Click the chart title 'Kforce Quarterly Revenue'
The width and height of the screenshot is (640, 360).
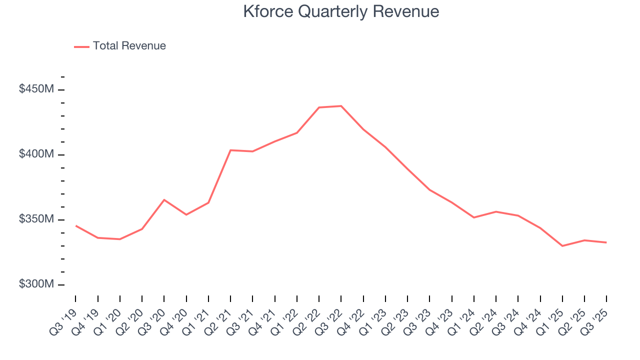341,11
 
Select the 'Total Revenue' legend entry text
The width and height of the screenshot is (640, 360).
129,46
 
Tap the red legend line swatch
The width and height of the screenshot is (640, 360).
81,46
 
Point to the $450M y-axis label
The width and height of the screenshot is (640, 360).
36,89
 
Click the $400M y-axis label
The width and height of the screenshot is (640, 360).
36,154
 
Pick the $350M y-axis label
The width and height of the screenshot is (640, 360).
36,219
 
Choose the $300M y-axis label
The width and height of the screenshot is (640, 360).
36,284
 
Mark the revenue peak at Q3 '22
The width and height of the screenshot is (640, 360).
341,106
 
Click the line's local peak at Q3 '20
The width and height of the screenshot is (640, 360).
164,200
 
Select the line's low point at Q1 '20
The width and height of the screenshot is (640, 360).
120,239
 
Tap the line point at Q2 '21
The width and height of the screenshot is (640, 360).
230,150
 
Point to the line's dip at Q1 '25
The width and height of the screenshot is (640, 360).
562,246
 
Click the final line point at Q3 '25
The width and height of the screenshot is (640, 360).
606,242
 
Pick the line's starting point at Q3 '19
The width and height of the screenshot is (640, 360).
76,225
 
